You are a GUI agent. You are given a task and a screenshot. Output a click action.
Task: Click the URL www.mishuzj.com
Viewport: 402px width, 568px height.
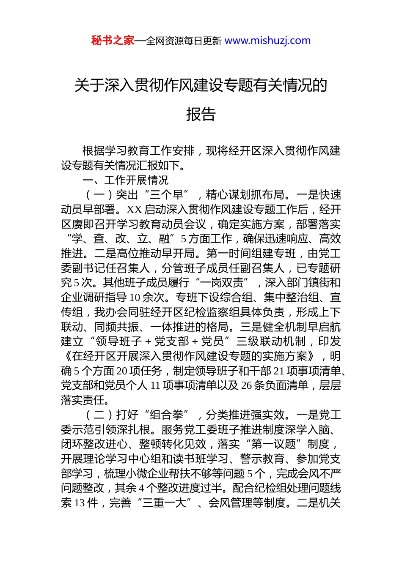point(267,41)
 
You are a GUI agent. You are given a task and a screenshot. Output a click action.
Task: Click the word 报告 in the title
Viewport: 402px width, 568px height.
point(201,114)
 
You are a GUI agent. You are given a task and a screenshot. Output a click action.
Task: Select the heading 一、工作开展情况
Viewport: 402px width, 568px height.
point(126,180)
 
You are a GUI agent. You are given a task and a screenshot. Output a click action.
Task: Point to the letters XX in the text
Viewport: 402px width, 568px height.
point(134,210)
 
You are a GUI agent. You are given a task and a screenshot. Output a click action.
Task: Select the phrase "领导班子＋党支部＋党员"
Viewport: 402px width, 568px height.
point(160,341)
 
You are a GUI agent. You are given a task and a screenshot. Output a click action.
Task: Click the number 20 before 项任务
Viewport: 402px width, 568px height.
point(122,371)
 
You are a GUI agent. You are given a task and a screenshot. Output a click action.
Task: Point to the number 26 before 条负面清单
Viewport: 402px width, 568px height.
point(246,385)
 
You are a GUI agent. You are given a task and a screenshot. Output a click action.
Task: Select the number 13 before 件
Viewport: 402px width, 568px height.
point(80,503)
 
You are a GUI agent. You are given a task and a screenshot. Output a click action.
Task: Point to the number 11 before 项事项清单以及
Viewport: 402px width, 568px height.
point(155,385)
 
